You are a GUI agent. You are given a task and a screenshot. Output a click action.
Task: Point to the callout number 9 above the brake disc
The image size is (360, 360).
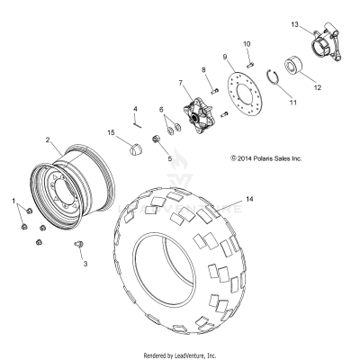(x=226, y=56)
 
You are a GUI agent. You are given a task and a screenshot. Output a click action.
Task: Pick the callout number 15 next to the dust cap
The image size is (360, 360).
(x=112, y=133)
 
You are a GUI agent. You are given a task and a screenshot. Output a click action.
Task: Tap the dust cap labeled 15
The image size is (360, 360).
(x=135, y=148)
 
